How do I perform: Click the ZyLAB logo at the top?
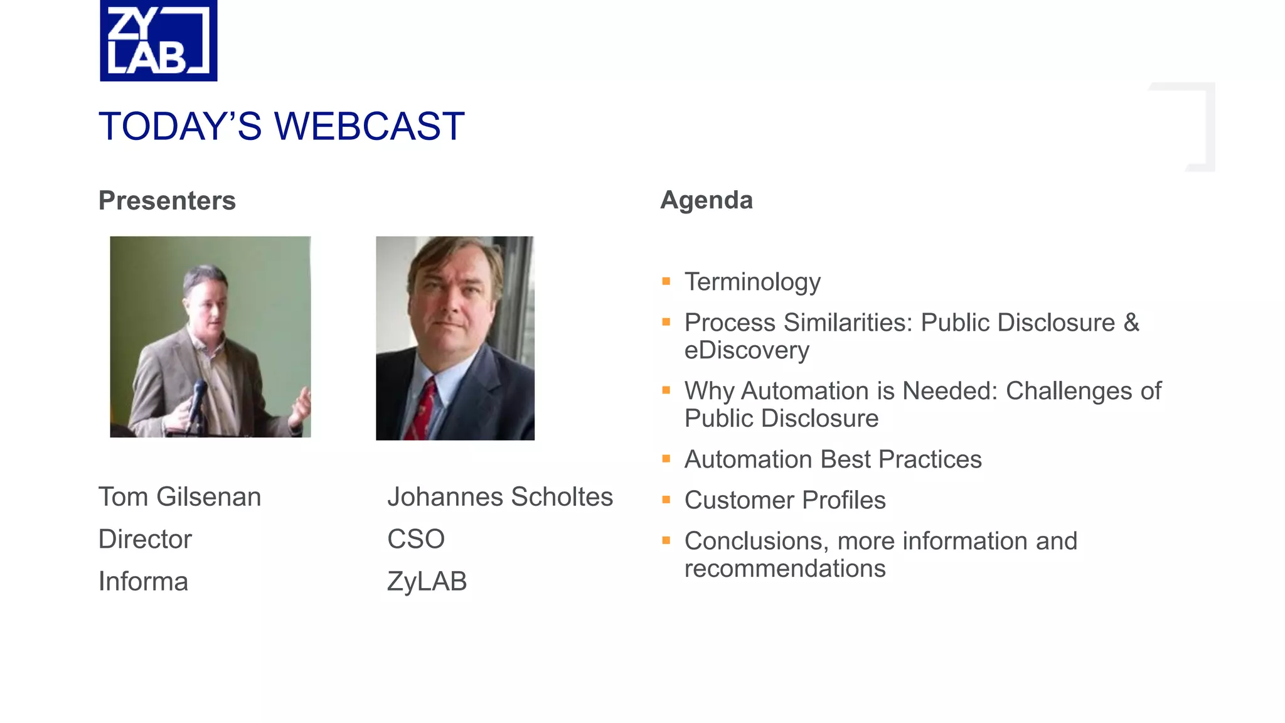tap(158, 41)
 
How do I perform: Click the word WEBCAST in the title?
tap(370, 126)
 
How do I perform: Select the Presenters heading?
tap(167, 201)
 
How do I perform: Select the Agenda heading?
tap(706, 200)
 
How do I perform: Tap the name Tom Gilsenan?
tap(179, 497)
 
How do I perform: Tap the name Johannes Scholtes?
tap(499, 497)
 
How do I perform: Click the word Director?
tap(145, 539)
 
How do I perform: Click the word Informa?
tap(143, 581)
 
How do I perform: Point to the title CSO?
tap(415, 539)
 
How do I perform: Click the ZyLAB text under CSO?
tap(427, 581)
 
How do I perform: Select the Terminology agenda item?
tap(752, 282)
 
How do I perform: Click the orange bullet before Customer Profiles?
tap(666, 500)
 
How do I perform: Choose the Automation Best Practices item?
tap(833, 459)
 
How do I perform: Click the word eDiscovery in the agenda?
tap(747, 350)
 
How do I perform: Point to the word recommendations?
tap(785, 569)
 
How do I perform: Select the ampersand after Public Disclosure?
tap(1131, 323)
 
